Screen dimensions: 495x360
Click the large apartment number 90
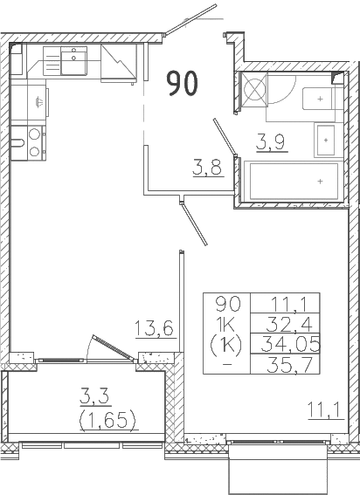coord(183,84)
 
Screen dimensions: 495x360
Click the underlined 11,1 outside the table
coord(322,408)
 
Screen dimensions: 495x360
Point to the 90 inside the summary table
coord(226,304)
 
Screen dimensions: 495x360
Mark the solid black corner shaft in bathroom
coord(337,78)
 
